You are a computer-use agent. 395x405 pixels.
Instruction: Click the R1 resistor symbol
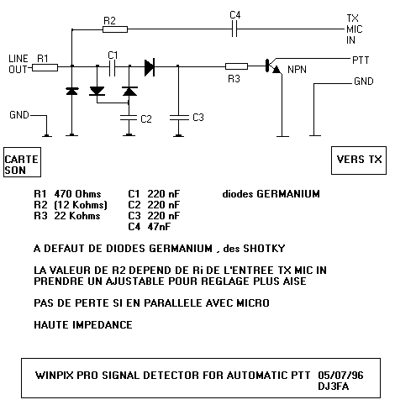point(45,67)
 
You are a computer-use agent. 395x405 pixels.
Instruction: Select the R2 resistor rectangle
point(115,29)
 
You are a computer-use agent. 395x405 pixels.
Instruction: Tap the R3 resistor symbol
point(236,66)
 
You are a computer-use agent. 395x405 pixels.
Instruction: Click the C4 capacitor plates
point(234,29)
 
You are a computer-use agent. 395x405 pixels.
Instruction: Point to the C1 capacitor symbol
point(112,66)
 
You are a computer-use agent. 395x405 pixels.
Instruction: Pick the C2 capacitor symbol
point(129,118)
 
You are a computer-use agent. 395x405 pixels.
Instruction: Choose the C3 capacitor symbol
point(179,118)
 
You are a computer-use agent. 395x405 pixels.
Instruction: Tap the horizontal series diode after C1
point(150,66)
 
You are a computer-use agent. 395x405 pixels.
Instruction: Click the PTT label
point(361,60)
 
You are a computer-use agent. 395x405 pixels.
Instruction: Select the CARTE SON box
point(22,162)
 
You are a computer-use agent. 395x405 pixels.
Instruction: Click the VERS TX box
point(359,160)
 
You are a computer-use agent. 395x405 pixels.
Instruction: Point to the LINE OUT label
point(18,64)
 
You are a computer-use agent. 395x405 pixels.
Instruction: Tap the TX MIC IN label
point(354,29)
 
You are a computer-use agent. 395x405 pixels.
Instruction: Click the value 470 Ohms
point(77,194)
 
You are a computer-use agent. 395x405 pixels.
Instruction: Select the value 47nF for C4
point(159,226)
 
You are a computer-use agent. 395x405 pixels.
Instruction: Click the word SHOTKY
point(264,249)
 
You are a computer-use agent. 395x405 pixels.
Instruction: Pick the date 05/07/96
point(340,375)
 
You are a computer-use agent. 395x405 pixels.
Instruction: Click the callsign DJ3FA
point(334,387)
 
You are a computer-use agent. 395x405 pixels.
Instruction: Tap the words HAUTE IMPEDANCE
point(83,325)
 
